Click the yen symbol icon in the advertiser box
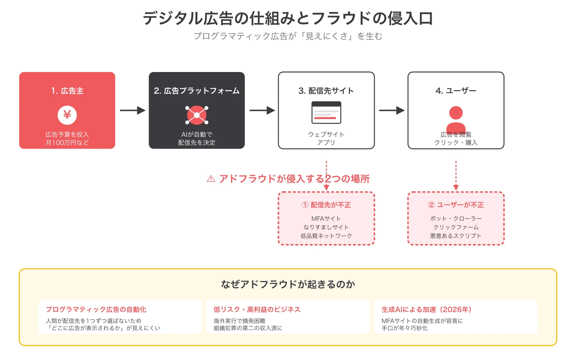pos(67,115)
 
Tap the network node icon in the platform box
pos(197,115)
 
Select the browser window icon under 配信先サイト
pos(326,113)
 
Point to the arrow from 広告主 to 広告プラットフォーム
pos(132,110)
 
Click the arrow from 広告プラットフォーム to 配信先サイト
pos(262,110)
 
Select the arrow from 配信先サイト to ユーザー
pos(391,110)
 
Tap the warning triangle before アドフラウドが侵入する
pos(211,179)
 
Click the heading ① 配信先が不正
pos(326,205)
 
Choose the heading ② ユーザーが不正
pos(456,205)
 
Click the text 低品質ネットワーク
pos(326,236)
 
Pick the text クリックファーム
pos(456,227)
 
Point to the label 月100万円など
pos(67,143)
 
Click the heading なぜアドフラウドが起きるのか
pos(288,284)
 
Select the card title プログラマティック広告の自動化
pos(96,310)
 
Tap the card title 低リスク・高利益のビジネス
pos(257,310)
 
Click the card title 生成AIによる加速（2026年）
pos(427,310)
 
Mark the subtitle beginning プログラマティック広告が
pos(288,36)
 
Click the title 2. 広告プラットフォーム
pos(197,91)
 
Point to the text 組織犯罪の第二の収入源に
pos(248,328)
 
